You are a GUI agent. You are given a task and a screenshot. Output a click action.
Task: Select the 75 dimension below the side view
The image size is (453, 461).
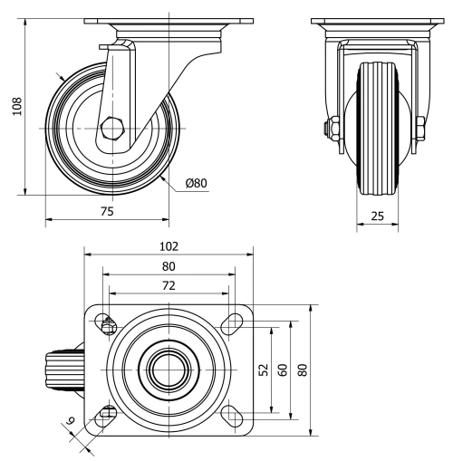107,210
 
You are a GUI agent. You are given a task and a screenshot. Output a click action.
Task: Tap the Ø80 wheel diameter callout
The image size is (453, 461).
197,183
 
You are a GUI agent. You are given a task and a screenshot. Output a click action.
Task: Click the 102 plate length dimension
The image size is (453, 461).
169,245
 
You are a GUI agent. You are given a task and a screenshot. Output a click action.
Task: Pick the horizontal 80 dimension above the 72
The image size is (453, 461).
169,266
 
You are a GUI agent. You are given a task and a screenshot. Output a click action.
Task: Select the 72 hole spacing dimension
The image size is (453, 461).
169,285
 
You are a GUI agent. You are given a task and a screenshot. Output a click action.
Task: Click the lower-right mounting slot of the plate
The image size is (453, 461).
233,417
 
